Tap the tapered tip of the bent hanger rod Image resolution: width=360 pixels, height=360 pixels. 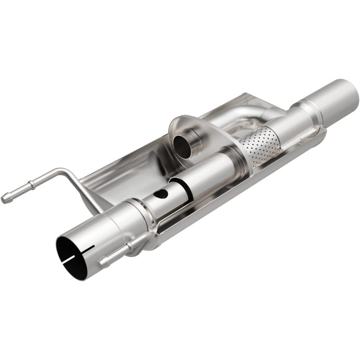[x=5, y=198]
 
